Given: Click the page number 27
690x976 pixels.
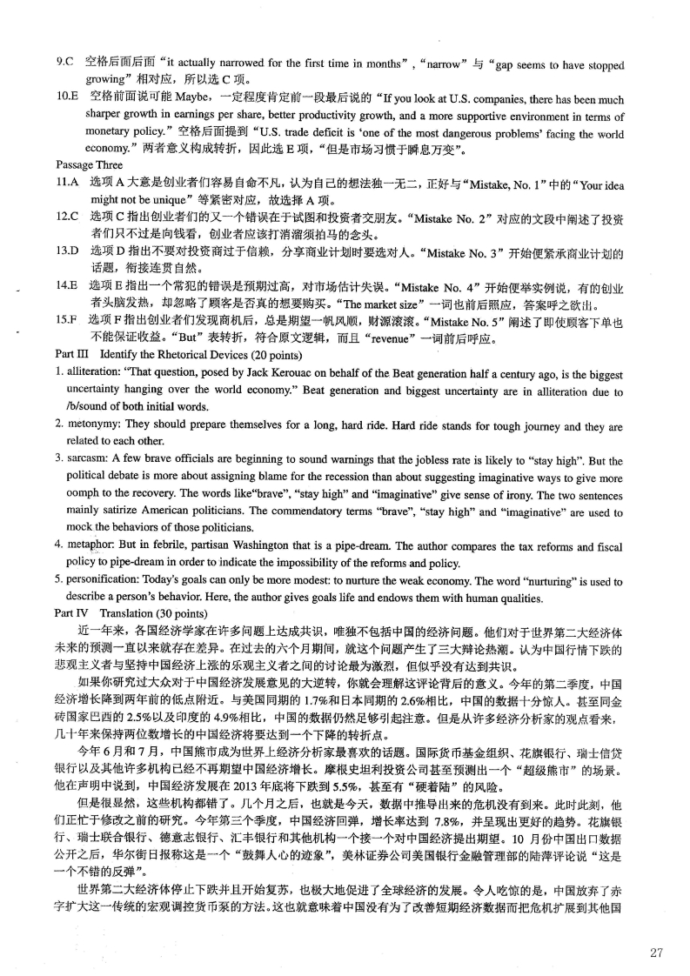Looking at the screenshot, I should click(x=658, y=952).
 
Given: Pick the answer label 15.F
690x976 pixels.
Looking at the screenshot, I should click(x=67, y=320).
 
